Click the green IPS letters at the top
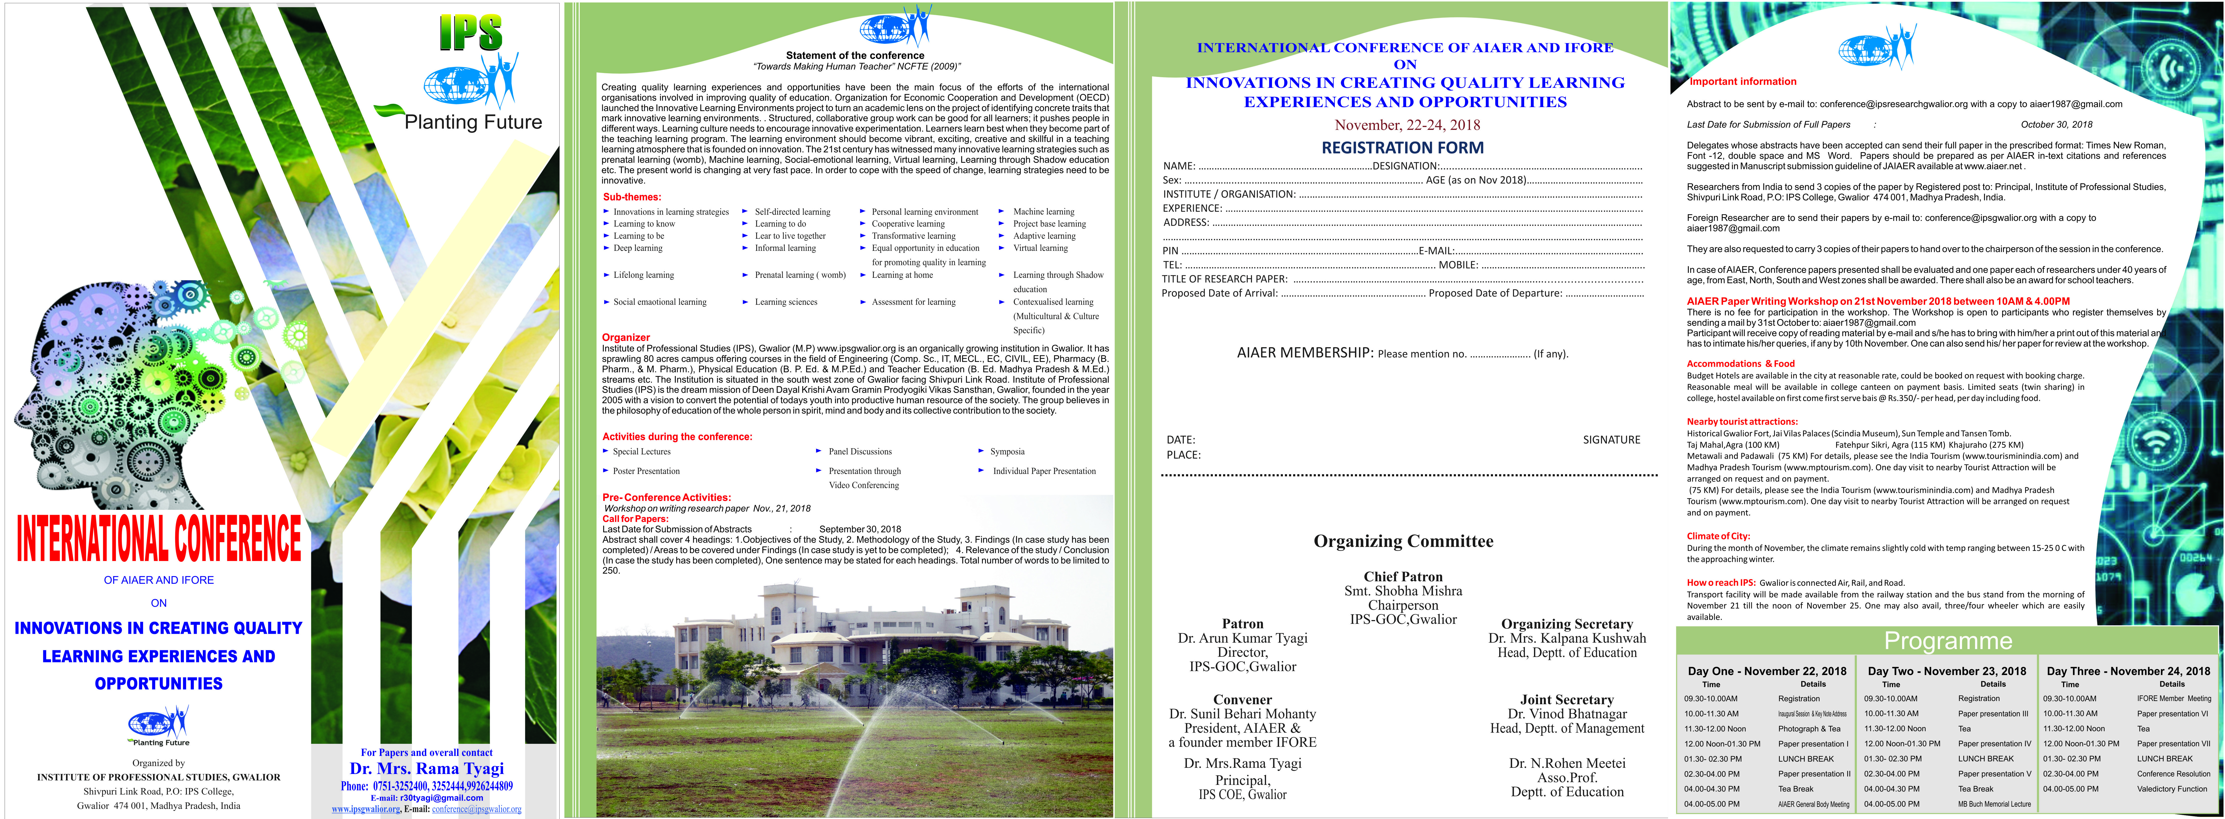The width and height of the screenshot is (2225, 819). point(471,33)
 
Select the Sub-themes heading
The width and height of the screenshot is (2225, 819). point(631,197)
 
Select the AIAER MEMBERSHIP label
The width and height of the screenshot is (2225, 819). point(1304,352)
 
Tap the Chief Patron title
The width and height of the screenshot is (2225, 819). point(1403,576)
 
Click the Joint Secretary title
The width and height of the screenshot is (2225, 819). point(1567,700)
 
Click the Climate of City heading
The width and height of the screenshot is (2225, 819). point(1718,536)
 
